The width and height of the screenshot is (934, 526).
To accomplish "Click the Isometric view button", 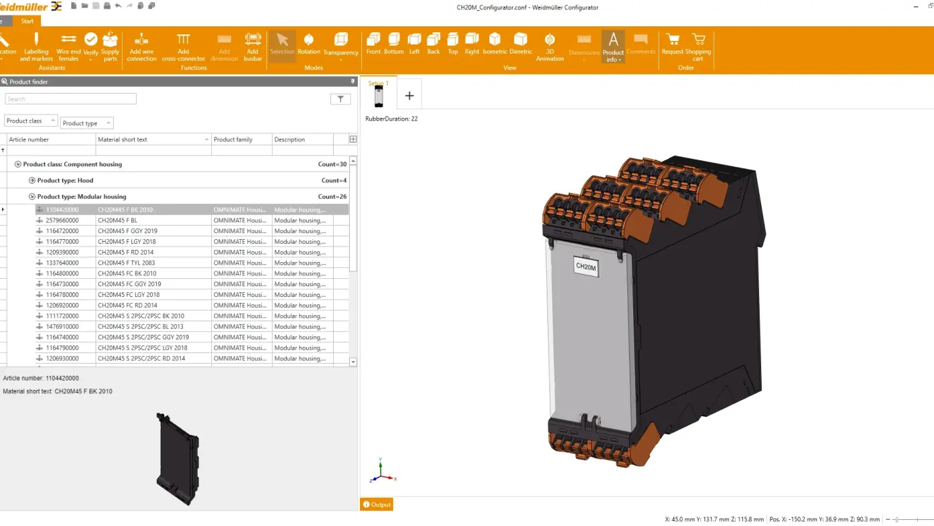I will pyautogui.click(x=495, y=43).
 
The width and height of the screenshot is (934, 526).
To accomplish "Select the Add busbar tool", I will pyautogui.click(x=252, y=46).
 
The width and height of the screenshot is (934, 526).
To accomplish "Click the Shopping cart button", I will pyautogui.click(x=698, y=46).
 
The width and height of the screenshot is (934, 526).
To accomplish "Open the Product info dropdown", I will pyautogui.click(x=613, y=47).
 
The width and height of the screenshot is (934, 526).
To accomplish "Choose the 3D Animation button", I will pyautogui.click(x=550, y=46).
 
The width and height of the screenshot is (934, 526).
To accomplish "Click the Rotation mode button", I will pyautogui.click(x=309, y=43).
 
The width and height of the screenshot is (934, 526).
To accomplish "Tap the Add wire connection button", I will pyautogui.click(x=141, y=46).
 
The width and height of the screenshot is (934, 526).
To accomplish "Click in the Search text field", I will pyautogui.click(x=71, y=99).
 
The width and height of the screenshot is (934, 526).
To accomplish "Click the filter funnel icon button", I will pyautogui.click(x=340, y=99).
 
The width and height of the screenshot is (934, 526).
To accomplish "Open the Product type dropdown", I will pyautogui.click(x=86, y=123).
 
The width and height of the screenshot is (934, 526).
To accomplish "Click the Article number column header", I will pyautogui.click(x=50, y=139).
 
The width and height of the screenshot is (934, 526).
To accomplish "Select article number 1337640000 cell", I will pyautogui.click(x=62, y=263).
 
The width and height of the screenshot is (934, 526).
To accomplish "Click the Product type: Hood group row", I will pyautogui.click(x=65, y=180).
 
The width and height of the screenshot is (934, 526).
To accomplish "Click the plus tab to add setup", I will pyautogui.click(x=409, y=96).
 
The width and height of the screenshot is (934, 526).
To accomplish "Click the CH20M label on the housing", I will pyautogui.click(x=585, y=267).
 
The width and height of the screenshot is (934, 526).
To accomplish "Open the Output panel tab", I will pyautogui.click(x=377, y=504).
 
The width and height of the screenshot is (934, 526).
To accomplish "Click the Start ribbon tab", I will pyautogui.click(x=27, y=21).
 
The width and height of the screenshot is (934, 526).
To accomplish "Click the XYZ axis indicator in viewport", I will pyautogui.click(x=382, y=472).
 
